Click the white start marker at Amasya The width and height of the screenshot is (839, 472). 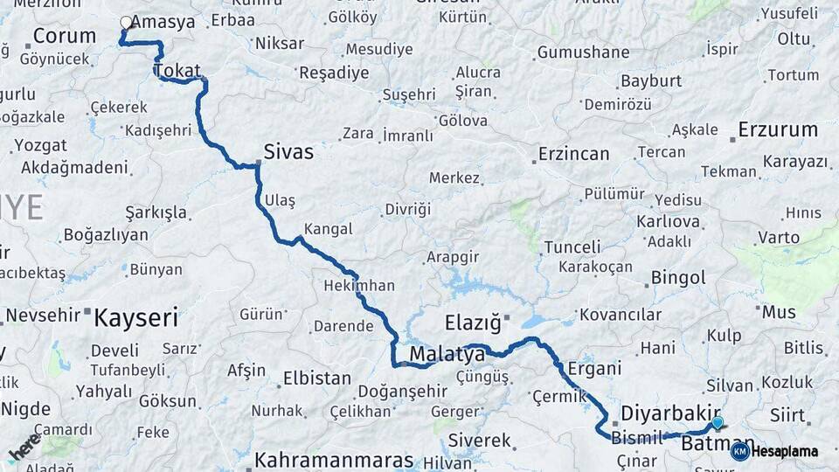126,24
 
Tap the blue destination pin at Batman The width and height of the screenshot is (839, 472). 718,423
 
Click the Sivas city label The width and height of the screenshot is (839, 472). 288,152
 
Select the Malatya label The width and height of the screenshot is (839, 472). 447,355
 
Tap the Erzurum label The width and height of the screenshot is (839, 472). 778,130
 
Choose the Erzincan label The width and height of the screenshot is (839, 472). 573,154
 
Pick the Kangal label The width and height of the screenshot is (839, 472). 328,229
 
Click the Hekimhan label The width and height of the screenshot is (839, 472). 359,286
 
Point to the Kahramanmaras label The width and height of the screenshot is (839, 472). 334,460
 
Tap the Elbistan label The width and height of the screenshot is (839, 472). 316,379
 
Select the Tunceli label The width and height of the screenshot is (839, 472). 572,247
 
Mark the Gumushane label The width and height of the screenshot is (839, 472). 583,52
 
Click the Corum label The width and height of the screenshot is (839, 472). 64,36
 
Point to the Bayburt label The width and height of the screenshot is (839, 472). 651,81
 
